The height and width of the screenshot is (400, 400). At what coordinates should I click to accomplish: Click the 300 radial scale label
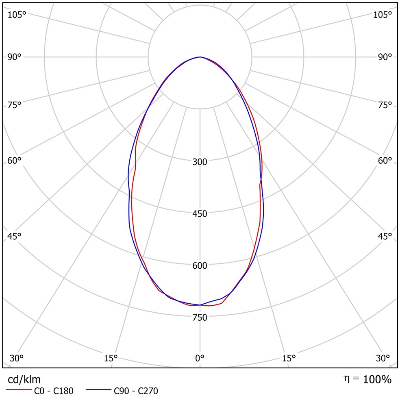[200, 162]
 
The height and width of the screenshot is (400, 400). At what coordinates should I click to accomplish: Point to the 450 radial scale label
[200, 214]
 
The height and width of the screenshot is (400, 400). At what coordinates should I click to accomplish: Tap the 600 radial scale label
[200, 265]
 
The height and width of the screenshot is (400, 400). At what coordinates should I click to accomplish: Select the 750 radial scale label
[200, 317]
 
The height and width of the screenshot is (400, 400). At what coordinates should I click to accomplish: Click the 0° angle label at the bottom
[200, 358]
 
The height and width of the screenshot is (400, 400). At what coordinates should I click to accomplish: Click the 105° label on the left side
[17, 15]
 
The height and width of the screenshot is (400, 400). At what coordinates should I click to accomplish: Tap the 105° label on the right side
[383, 15]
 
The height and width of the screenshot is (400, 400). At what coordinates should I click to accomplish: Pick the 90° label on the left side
[14, 57]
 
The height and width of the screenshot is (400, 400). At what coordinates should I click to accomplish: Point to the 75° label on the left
[14, 105]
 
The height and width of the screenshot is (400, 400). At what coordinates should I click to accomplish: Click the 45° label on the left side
[14, 236]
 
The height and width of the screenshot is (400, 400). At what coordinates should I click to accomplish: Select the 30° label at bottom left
[17, 358]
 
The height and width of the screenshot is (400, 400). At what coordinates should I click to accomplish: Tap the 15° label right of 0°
[289, 358]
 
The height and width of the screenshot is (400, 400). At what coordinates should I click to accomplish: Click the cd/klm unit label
[24, 380]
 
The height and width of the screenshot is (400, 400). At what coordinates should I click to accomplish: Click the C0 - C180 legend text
[54, 391]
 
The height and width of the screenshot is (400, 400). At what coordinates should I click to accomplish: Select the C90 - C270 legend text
[136, 391]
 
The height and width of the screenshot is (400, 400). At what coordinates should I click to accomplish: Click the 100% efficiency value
[377, 380]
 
